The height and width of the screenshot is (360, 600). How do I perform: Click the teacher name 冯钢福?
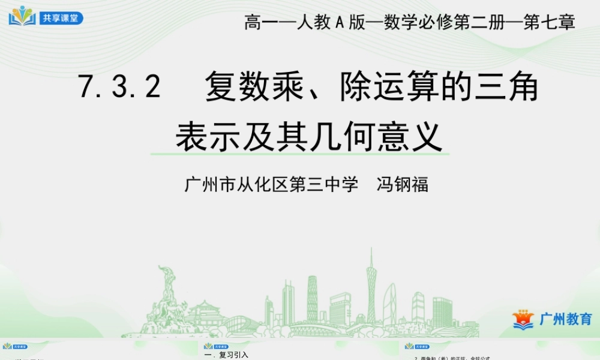(402, 184)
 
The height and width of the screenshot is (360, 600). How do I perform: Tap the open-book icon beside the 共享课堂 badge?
(22, 16)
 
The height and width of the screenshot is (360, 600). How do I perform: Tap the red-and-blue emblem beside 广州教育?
(523, 319)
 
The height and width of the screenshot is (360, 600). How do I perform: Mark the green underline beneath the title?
(300, 155)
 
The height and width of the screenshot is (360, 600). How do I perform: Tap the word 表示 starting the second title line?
(198, 137)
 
